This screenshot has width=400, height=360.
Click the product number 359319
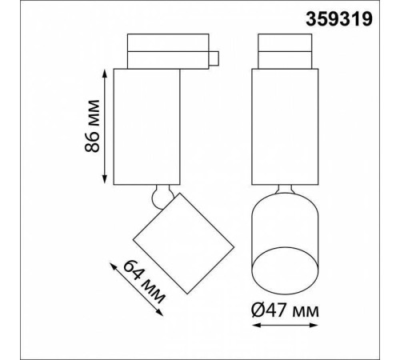338,19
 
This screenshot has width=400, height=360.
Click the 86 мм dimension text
92,126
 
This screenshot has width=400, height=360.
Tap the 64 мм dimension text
144,282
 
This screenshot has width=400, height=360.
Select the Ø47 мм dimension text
285,310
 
